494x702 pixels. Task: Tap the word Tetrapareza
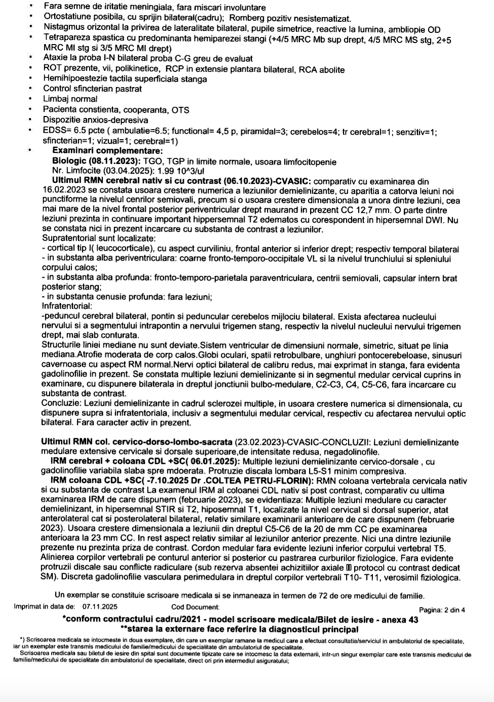(x=65, y=38)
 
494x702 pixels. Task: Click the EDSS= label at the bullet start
(x=56, y=131)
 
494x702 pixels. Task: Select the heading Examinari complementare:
(x=107, y=151)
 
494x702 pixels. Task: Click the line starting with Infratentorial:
(x=67, y=306)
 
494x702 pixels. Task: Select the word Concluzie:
(x=60, y=405)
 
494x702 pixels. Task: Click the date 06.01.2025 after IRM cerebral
(x=216, y=462)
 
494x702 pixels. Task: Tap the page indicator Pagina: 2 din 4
(x=441, y=610)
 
